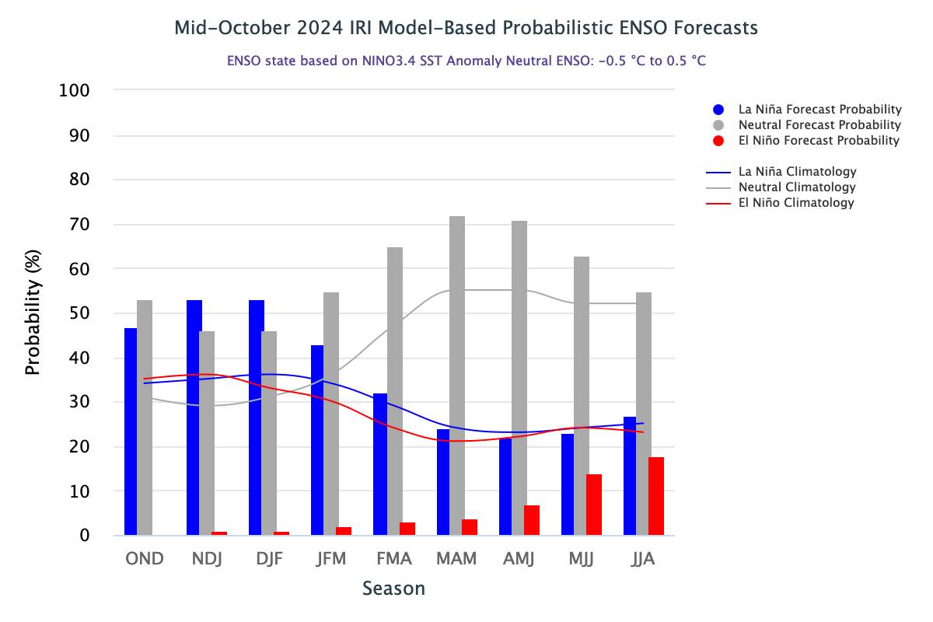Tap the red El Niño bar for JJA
pyautogui.click(x=656, y=496)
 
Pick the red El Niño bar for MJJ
pyautogui.click(x=594, y=505)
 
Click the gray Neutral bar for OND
pyautogui.click(x=145, y=418)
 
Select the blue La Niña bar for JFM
pyautogui.click(x=317, y=440)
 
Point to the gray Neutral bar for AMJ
pyautogui.click(x=519, y=378)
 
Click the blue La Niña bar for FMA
pyautogui.click(x=380, y=464)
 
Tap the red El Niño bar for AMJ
pyautogui.click(x=532, y=520)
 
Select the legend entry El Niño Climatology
pyautogui.click(x=796, y=203)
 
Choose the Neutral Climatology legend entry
pyautogui.click(x=797, y=187)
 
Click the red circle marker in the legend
pyautogui.click(x=718, y=141)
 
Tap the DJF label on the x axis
pyautogui.click(x=269, y=560)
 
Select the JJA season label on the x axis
pyautogui.click(x=643, y=560)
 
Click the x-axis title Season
pyautogui.click(x=393, y=589)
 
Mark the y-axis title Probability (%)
pyautogui.click(x=32, y=313)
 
